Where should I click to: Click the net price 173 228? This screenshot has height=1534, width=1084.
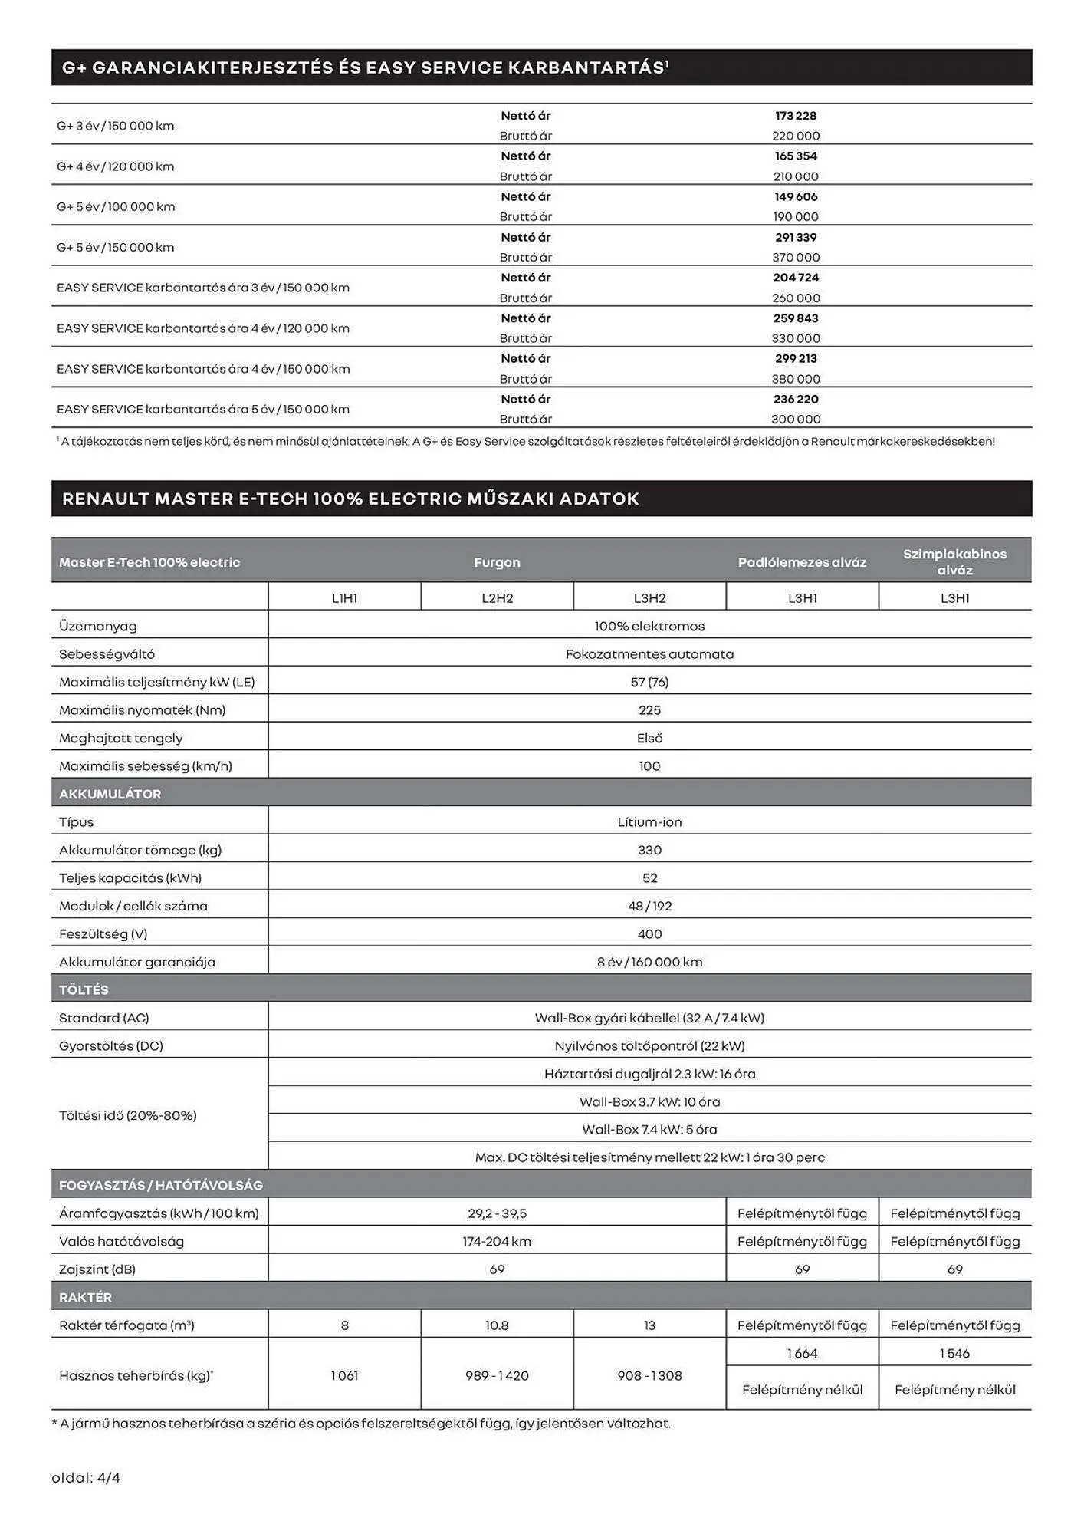[795, 116]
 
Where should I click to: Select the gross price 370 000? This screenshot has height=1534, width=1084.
[795, 258]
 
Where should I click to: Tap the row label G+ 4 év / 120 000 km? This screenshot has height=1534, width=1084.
[116, 166]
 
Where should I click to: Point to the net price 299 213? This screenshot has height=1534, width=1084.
[795, 358]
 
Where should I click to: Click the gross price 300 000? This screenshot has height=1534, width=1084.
[795, 420]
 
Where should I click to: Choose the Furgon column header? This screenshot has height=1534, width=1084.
[497, 562]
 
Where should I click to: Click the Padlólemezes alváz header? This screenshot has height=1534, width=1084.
[802, 562]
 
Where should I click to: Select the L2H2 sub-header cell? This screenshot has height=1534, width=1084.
[497, 598]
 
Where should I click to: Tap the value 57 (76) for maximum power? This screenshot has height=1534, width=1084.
[649, 682]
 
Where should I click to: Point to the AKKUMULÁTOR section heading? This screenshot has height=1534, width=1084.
[110, 794]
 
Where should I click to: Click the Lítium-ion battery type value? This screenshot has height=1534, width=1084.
[649, 822]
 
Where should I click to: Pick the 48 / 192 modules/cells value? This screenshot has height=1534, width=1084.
[649, 906]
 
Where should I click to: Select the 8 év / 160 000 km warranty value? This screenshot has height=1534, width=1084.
[649, 962]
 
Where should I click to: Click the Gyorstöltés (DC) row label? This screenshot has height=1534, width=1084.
[111, 1045]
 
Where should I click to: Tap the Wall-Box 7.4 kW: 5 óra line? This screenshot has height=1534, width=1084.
[649, 1129]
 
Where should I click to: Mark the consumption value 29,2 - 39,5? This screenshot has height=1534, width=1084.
[497, 1213]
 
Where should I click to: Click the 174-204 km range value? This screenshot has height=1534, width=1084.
[497, 1241]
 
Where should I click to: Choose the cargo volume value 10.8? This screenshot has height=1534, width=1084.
[497, 1325]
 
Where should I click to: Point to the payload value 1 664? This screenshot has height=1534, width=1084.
[802, 1353]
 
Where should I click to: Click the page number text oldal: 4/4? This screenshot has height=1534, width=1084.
[86, 1477]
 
